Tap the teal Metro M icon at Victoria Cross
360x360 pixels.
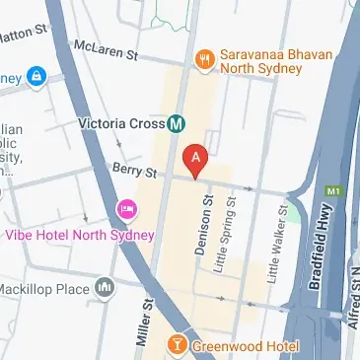[178, 124]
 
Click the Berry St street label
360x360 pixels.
[134, 172]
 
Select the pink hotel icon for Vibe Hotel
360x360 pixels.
[127, 210]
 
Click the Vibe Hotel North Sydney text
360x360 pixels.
[81, 235]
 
